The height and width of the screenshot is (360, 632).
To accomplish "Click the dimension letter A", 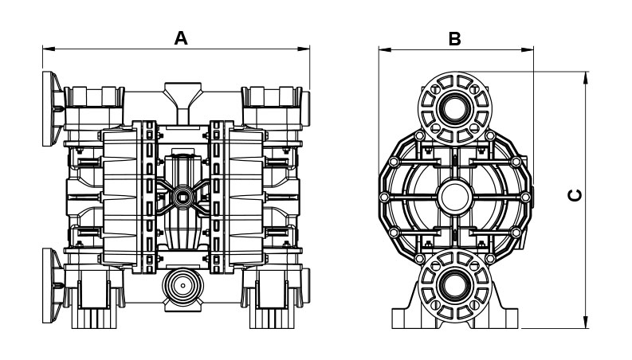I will coord(181,37).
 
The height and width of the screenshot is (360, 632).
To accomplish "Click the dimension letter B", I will coord(454,37).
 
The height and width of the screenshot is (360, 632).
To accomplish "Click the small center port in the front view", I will coord(183,195).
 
